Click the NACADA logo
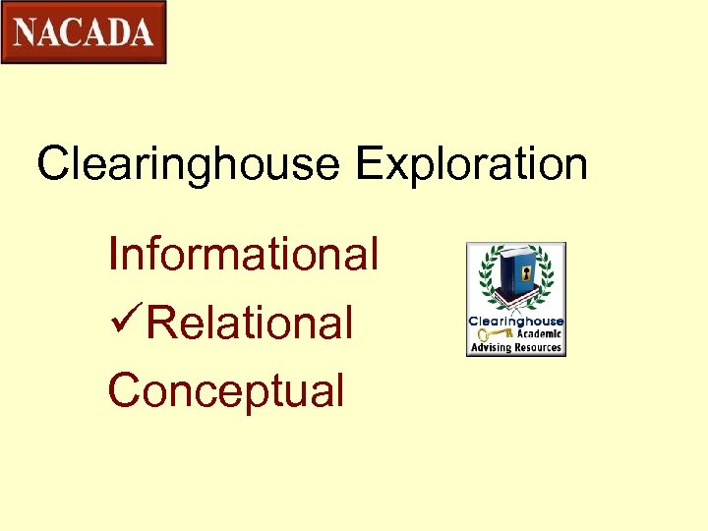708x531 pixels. [x=84, y=32]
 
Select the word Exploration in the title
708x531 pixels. [x=472, y=164]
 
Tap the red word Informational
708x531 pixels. [x=243, y=254]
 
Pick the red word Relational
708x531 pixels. [x=250, y=323]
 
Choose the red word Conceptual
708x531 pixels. [x=226, y=390]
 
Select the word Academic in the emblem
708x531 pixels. [x=537, y=334]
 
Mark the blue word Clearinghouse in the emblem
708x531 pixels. [x=515, y=322]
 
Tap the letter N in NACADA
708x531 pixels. [x=28, y=32]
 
